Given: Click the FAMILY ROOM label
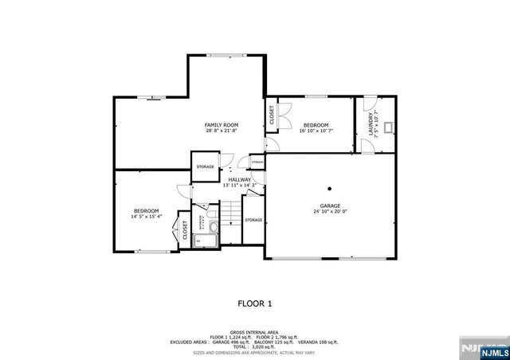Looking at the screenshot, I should point(221,125).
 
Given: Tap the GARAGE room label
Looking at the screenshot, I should point(329,205).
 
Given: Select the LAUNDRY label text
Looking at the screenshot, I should point(371,123).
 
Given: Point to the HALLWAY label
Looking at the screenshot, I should point(240,180).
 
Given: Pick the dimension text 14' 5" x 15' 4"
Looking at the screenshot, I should point(147,216).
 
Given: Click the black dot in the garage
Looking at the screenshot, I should point(329,189).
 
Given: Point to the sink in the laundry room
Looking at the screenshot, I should point(388,127).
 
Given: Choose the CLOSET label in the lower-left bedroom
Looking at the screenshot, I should point(185,231).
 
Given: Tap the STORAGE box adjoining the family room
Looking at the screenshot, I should point(206,166).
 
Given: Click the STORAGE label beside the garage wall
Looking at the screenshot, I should point(253,220).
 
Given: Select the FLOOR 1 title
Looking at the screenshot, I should point(255,303).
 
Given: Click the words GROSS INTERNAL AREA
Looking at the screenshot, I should point(255,332).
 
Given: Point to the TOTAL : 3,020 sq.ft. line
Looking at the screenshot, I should point(255,346).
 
